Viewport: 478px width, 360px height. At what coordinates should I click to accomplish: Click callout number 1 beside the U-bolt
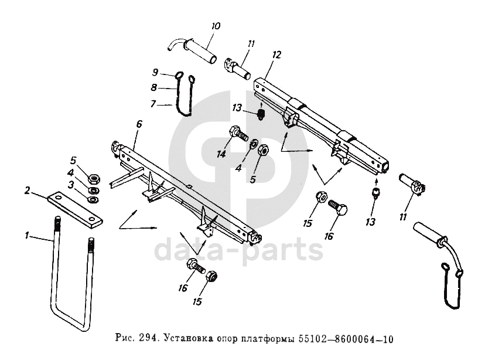point(27,235)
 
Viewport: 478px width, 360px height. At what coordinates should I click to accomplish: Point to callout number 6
point(139,125)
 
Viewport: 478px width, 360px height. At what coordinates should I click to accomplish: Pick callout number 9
point(155,73)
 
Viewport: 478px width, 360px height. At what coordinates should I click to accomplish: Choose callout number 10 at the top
point(216,26)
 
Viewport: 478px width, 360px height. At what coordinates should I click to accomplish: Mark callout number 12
point(277,55)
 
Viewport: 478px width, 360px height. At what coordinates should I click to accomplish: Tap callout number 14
point(221,154)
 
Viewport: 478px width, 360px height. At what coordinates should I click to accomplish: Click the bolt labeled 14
point(238,133)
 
